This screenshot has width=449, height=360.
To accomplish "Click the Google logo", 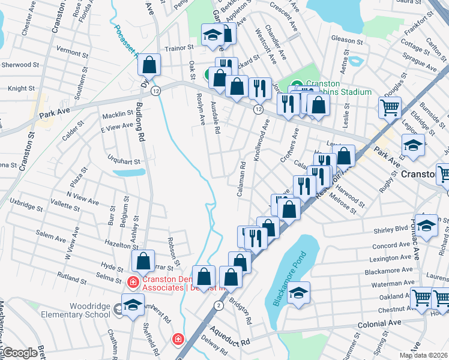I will [x=19, y=353].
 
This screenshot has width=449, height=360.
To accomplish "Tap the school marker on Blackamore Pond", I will [x=298, y=293].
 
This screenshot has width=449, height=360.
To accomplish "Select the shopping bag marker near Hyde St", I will [x=143, y=261].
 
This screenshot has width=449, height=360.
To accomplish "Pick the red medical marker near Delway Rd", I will [x=178, y=340].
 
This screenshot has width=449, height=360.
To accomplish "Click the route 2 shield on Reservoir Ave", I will [x=219, y=305].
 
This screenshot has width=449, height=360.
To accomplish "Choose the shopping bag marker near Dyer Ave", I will [x=150, y=64].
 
